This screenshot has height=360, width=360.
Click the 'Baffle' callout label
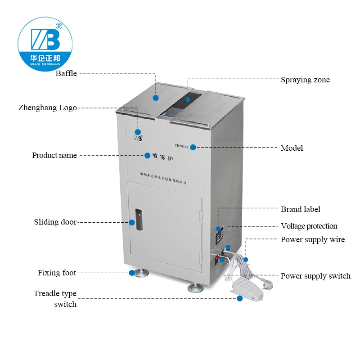pyautogui.click(x=66, y=73)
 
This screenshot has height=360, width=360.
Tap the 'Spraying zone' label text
pyautogui.click(x=305, y=80)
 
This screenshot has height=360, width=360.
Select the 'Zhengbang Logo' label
pyautogui.click(x=47, y=108)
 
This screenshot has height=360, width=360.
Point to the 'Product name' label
pyautogui.click(x=54, y=155)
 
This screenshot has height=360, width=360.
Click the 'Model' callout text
pyautogui.click(x=292, y=148)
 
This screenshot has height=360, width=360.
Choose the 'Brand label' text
pyautogui.click(x=300, y=209)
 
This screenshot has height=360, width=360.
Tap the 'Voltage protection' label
pyautogui.click(x=309, y=226)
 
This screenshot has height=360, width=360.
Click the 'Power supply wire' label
pyautogui.click(x=312, y=239)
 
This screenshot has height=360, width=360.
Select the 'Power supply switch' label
pyautogui.click(x=315, y=276)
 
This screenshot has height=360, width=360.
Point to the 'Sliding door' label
pyautogui.click(x=55, y=222)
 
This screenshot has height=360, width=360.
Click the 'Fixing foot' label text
pyautogui.click(x=57, y=273)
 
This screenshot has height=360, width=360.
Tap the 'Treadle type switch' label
pyautogui.click(x=55, y=299)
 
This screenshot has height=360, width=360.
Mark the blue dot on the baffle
pyautogui.click(x=155, y=98)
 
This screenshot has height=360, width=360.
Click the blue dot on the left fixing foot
pyautogui.click(x=131, y=273)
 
